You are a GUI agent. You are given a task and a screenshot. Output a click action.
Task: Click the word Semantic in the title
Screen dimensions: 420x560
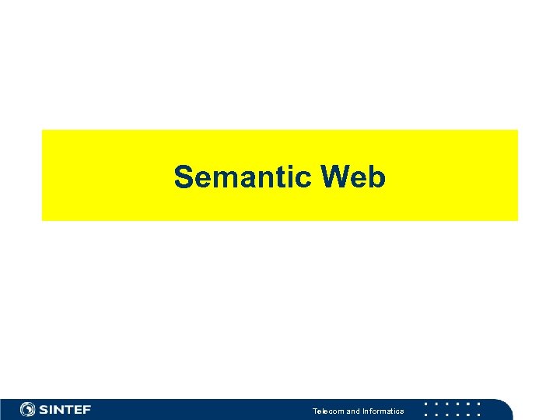(243, 177)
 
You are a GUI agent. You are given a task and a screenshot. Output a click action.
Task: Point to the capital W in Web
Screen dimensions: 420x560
(336, 177)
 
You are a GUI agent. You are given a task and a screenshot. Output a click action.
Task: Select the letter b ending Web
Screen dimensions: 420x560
(377, 177)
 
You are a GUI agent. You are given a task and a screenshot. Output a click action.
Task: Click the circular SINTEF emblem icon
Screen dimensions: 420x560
(28, 409)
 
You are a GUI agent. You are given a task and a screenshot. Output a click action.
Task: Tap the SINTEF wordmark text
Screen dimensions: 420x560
(65, 409)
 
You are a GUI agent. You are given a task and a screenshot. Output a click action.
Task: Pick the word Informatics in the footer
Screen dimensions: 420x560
(383, 411)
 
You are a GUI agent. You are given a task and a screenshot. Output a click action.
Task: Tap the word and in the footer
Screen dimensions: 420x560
(353, 411)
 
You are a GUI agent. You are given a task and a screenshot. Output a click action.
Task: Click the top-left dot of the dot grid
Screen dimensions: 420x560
(425, 404)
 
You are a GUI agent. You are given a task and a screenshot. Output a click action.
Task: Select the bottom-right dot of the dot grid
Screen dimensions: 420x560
(479, 415)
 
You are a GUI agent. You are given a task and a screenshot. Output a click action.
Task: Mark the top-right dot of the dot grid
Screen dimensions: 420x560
(479, 404)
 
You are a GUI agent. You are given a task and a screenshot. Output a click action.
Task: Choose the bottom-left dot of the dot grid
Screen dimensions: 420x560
(425, 415)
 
